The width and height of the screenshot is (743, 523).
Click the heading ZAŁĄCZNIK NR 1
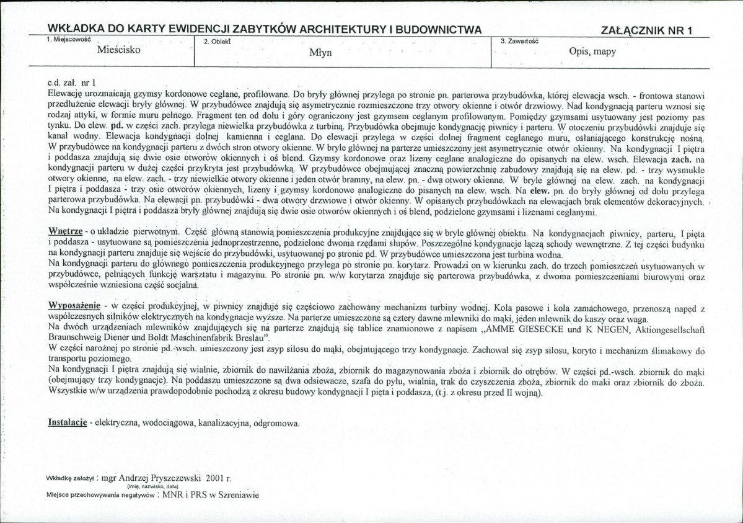pyautogui.click(x=646, y=30)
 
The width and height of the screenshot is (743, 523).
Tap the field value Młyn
pyautogui.click(x=321, y=53)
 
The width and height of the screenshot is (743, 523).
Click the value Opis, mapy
pyautogui.click(x=592, y=52)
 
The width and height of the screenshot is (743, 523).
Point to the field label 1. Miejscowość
pyautogui.click(x=68, y=39)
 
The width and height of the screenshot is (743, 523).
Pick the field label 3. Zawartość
pyautogui.click(x=519, y=40)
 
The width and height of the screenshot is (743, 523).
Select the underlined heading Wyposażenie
pyautogui.click(x=74, y=306)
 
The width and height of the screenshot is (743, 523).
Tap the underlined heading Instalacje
pyautogui.click(x=66, y=423)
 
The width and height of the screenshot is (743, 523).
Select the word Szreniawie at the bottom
pyautogui.click(x=238, y=495)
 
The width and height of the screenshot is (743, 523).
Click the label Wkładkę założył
pyautogui.click(x=69, y=480)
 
